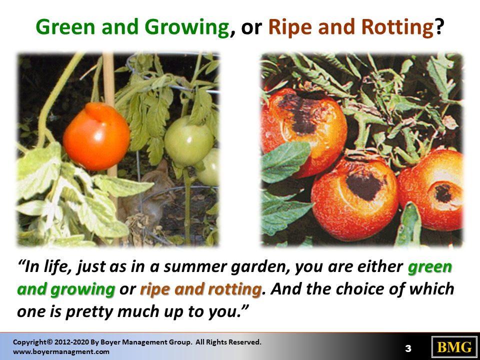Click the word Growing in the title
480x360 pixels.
pyautogui.click(x=186, y=27)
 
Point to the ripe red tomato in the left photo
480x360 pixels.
pyautogui.click(x=96, y=136)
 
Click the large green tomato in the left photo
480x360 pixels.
pyautogui.click(x=188, y=141)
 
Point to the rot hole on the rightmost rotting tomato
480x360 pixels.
pyautogui.click(x=443, y=193)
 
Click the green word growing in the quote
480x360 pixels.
pyautogui.click(x=82, y=289)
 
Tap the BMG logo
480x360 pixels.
pyautogui.click(x=454, y=347)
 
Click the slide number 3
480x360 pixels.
pyautogui.click(x=408, y=348)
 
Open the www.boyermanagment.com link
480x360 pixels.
pyautogui.click(x=61, y=351)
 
